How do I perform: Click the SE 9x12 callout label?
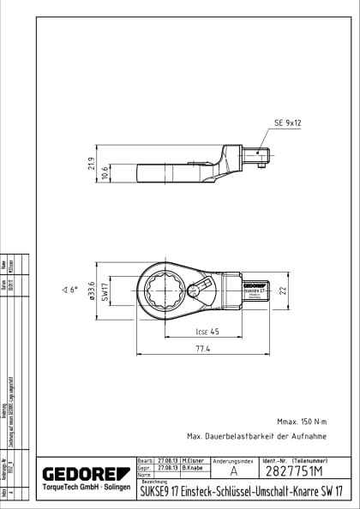pos(287,123)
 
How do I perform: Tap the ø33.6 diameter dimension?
pos(88,291)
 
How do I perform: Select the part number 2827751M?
pos(292,471)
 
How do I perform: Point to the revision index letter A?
pos(234,471)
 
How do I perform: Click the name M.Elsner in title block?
pos(192,461)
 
